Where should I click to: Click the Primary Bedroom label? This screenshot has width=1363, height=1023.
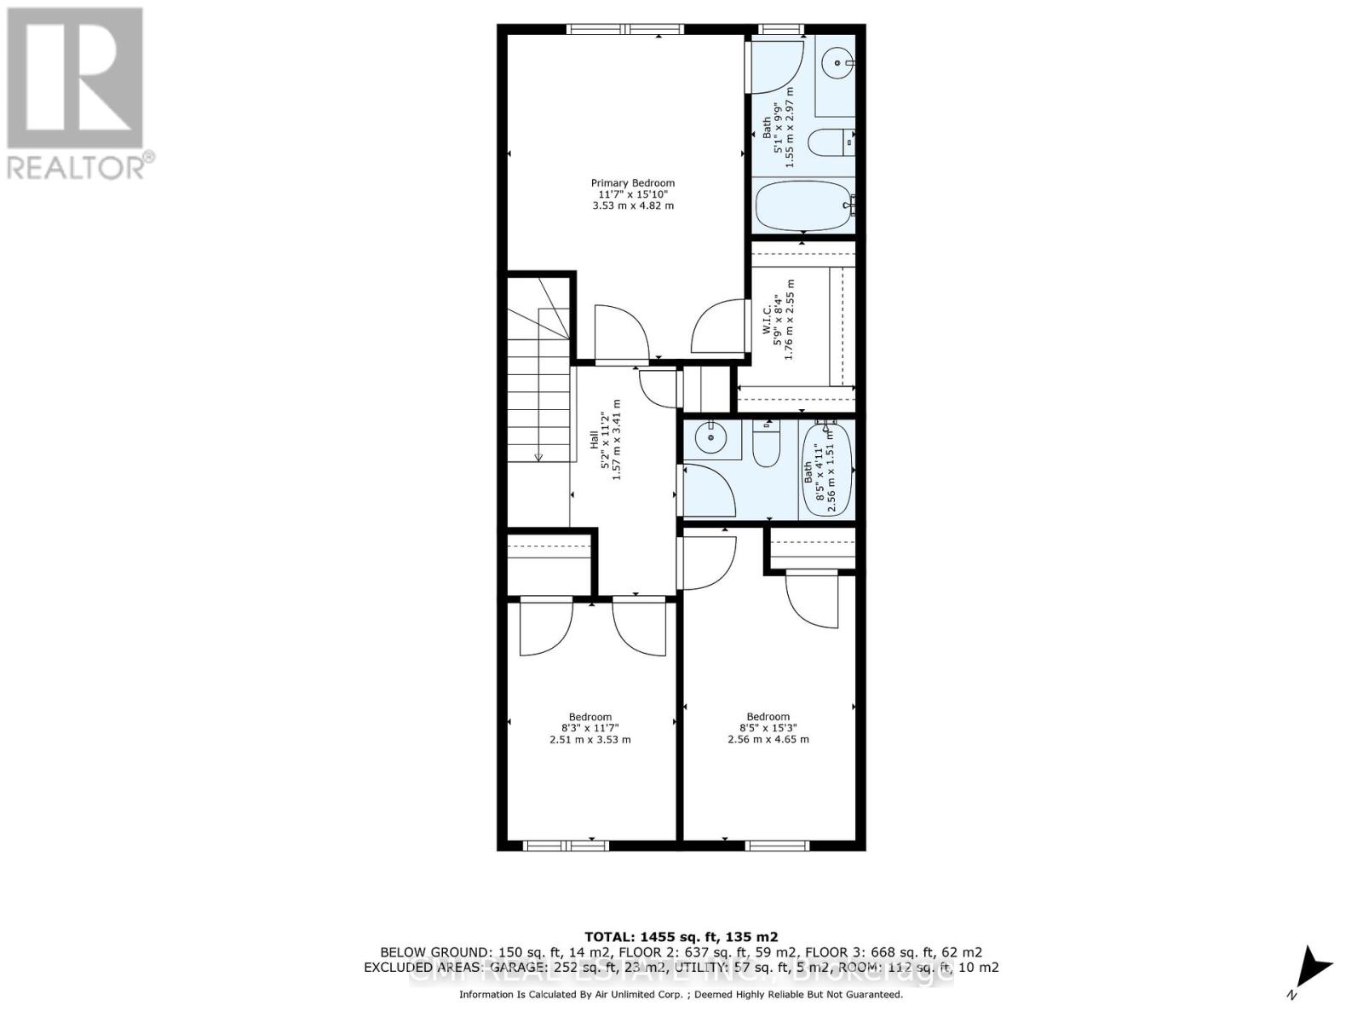632,183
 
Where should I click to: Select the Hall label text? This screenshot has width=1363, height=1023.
594,439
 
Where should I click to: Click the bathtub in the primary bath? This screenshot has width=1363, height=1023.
802,205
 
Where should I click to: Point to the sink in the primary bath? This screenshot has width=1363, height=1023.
839,62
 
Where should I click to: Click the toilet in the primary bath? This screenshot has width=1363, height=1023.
828,143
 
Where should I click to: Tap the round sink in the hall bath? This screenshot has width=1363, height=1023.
709,439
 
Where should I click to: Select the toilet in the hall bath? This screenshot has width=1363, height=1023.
767,443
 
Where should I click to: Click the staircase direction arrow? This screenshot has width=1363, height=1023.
539,456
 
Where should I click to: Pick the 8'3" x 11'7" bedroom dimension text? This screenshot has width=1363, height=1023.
589,728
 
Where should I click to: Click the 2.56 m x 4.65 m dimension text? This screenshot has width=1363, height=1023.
768,739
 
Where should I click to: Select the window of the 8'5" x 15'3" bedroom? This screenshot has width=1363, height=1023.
776,846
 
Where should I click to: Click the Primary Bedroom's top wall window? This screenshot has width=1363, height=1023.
625,30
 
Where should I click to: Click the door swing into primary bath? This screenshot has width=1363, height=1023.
777,68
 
